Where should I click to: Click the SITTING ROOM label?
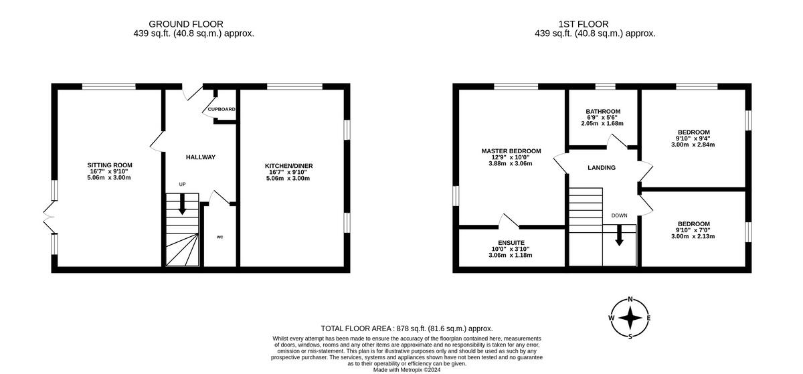point(110,165)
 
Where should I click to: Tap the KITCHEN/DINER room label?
point(280,166)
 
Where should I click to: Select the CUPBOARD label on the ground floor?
point(221,109)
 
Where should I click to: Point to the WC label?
point(220,238)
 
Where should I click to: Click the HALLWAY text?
point(201,157)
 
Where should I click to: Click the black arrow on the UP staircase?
point(182,207)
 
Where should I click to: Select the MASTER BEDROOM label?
point(511,151)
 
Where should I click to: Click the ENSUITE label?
point(511,242)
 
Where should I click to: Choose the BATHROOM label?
point(603,112)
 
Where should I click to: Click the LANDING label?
point(602,168)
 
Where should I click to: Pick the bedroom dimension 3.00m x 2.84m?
point(693,145)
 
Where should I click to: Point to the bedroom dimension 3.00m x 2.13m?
point(693,236)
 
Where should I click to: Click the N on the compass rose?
point(630,300)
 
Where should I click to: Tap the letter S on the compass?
point(630,336)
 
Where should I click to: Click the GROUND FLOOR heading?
point(186,24)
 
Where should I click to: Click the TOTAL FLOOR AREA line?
point(407,329)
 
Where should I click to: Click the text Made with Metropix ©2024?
point(407,369)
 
